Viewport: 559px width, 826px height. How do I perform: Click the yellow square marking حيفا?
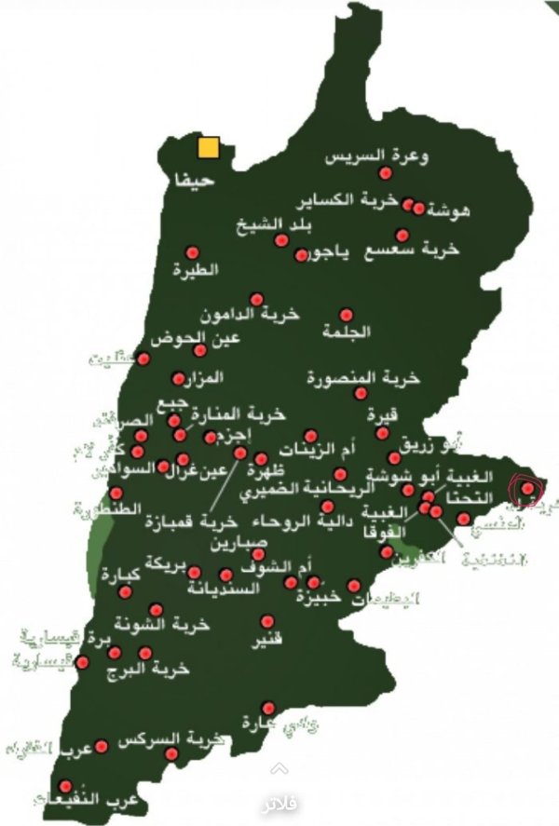[208, 147]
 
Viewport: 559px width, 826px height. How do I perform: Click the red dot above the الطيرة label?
[192, 252]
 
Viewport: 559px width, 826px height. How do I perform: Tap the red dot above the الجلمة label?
[346, 315]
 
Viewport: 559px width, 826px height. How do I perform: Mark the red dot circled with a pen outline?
[527, 487]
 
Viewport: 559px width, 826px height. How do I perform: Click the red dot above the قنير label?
[267, 620]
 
